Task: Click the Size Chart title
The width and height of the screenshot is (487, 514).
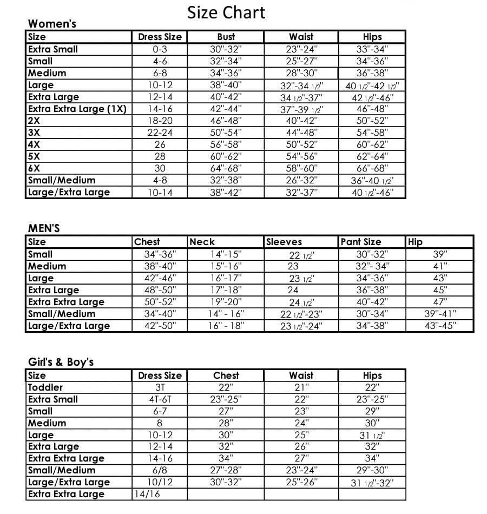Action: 226,12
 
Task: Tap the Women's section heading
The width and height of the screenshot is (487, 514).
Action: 52,24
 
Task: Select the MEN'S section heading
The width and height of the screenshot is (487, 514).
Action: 44,228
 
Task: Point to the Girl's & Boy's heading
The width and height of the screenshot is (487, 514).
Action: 61,362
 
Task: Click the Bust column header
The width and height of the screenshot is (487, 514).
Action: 226,37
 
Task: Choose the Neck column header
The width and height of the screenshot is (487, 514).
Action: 202,242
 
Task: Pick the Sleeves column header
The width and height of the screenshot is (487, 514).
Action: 284,242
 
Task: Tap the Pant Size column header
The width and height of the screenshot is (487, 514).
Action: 361,242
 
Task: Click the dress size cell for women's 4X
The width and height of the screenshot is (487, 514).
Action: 160,144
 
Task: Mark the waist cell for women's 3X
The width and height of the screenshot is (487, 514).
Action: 301,133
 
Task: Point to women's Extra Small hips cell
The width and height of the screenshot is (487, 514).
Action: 372,49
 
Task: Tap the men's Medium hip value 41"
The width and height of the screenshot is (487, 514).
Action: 440,266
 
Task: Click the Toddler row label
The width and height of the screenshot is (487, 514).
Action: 45,387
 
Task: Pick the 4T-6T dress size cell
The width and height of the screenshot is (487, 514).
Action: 160,399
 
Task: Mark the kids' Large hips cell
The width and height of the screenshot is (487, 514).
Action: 372,436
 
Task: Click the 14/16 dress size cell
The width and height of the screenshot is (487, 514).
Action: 147,494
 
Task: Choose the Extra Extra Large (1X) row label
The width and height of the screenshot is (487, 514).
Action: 77,109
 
